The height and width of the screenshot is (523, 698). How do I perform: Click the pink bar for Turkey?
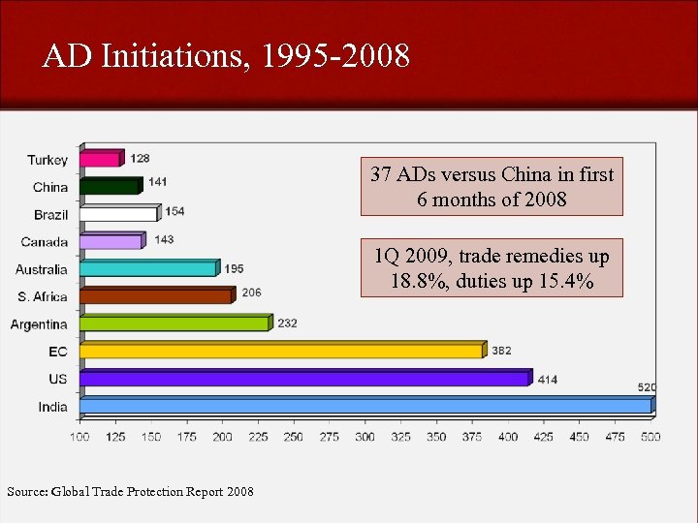(x=100, y=158)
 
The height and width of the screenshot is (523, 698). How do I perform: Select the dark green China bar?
(x=110, y=186)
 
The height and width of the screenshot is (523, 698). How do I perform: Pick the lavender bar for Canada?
(x=111, y=241)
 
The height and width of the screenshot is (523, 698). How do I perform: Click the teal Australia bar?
(x=148, y=268)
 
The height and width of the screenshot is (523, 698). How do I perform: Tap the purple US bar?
(x=304, y=378)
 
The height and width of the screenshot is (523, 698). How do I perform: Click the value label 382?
(x=501, y=351)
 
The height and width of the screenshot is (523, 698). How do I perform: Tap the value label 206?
(x=251, y=292)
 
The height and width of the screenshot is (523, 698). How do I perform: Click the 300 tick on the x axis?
(x=365, y=437)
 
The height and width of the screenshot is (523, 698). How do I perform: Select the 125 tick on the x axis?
(x=115, y=437)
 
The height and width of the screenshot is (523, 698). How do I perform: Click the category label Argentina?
(x=39, y=324)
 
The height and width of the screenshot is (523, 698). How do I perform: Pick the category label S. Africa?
(x=43, y=296)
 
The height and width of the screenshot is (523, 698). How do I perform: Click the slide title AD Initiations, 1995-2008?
(x=226, y=56)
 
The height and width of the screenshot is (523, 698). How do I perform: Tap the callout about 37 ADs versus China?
(x=492, y=187)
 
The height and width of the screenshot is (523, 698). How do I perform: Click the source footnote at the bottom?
(x=130, y=492)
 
